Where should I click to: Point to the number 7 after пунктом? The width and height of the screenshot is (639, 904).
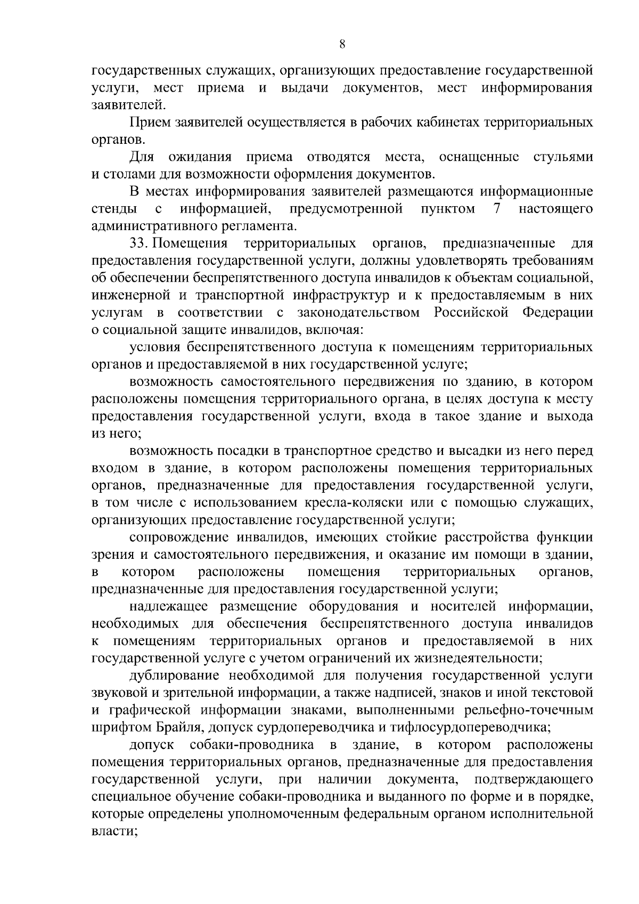coord(496,209)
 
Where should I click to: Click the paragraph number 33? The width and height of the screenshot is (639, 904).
coord(140,243)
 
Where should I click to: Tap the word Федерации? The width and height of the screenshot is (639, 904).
coord(558,313)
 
